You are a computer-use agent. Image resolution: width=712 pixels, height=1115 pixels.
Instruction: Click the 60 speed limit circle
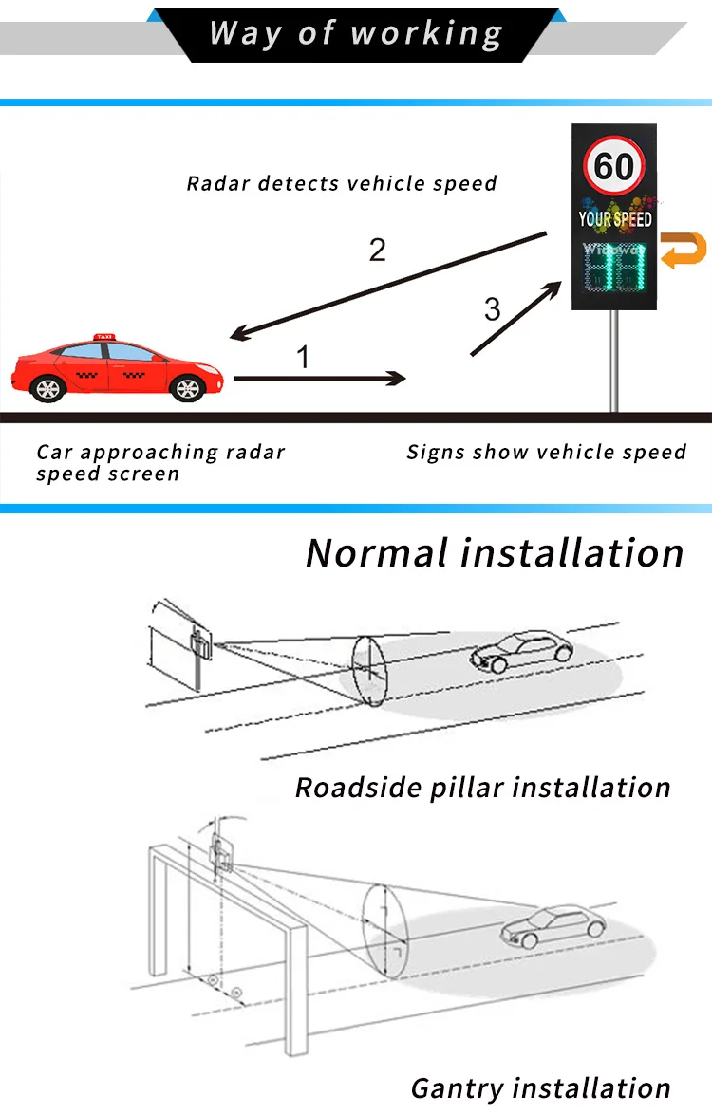614,167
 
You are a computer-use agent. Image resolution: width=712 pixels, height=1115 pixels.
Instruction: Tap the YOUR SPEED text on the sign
615,219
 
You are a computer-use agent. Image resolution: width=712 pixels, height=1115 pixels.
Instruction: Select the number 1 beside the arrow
303,358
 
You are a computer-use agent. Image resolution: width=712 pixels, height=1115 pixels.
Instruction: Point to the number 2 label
378,250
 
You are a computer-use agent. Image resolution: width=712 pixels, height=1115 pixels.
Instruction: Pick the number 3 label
492,308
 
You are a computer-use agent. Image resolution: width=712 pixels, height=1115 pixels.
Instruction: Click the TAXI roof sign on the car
104,336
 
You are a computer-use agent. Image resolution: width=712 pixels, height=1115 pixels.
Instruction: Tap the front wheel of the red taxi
187,387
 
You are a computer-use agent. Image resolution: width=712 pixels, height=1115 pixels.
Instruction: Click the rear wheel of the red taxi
47,387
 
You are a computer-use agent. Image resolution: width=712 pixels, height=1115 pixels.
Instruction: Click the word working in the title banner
426,34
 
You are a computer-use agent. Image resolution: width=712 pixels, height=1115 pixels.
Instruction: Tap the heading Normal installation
495,552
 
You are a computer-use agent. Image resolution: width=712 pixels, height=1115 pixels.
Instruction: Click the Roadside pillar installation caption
483,788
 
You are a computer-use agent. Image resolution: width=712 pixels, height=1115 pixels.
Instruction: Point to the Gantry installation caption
541,1087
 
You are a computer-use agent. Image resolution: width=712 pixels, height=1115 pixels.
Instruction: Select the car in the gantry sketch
553,924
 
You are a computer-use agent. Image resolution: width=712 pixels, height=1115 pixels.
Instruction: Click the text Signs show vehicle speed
546,452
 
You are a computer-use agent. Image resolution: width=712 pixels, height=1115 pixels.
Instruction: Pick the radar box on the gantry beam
223,851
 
